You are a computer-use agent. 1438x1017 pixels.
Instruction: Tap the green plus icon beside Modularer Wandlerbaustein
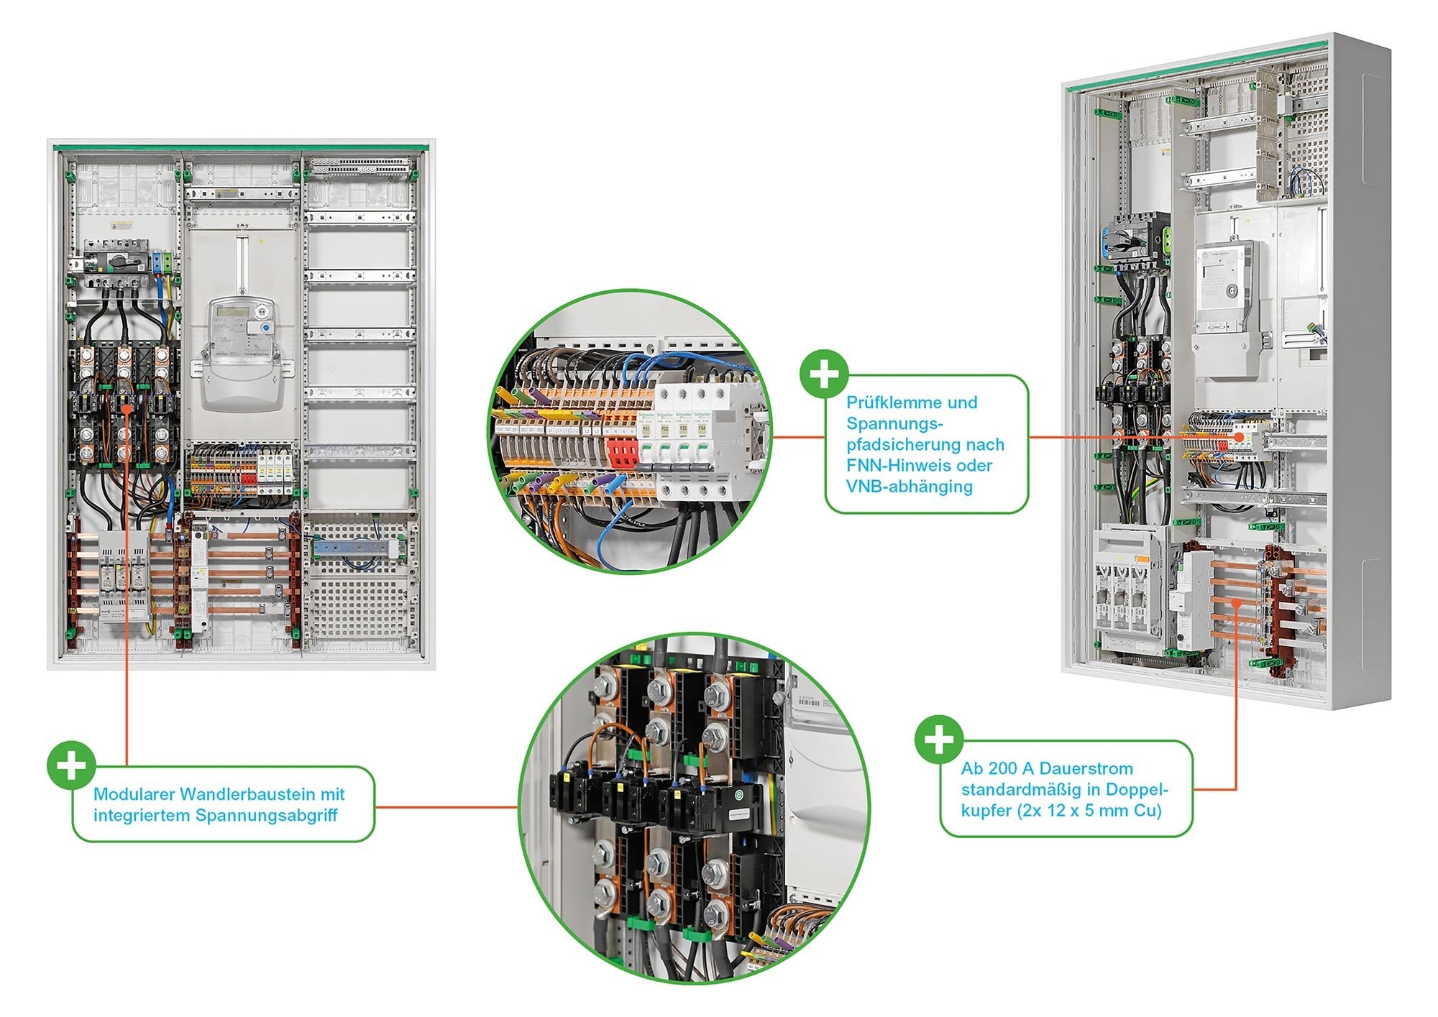(71, 765)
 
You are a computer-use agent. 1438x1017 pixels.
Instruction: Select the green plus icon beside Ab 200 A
(939, 740)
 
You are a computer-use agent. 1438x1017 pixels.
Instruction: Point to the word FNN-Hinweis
(891, 466)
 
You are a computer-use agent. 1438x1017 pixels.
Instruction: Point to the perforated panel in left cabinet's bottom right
(359, 589)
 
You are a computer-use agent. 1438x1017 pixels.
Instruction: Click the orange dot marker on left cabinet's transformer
(127, 408)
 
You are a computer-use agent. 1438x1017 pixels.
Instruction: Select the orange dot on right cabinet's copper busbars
(1235, 604)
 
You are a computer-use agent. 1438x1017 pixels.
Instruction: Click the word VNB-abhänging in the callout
(909, 487)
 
